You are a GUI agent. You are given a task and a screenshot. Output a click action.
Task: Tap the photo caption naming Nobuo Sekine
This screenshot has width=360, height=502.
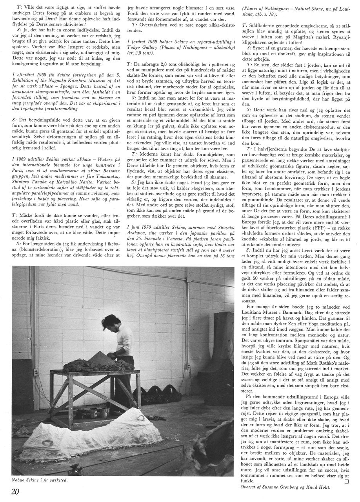click(40, 480)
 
